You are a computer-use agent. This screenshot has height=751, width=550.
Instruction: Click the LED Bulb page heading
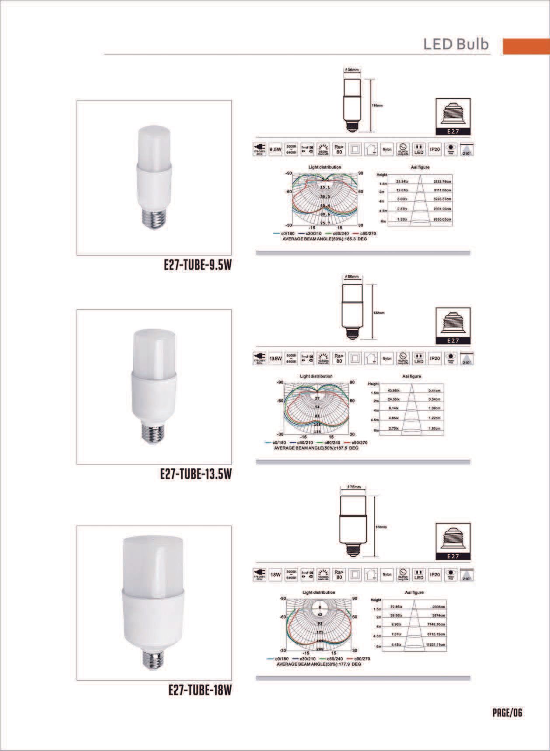456,45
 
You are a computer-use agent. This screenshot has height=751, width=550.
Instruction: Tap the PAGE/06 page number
507,713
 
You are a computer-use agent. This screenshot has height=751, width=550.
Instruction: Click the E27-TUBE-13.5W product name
195,474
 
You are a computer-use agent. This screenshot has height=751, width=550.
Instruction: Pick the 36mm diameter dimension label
352,70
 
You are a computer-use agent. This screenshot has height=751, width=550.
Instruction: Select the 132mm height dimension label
379,313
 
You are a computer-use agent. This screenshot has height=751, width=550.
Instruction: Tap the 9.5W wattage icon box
275,149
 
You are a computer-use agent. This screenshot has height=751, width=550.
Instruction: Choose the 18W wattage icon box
275,575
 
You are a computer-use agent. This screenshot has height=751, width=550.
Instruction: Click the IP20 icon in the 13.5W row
435,359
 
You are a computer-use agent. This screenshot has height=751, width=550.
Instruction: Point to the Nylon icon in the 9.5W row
387,149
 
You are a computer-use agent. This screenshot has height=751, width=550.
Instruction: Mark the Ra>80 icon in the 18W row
339,575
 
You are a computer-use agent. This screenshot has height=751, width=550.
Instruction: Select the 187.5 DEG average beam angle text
316,448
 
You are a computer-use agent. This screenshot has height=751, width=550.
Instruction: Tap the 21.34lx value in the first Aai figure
402,181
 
